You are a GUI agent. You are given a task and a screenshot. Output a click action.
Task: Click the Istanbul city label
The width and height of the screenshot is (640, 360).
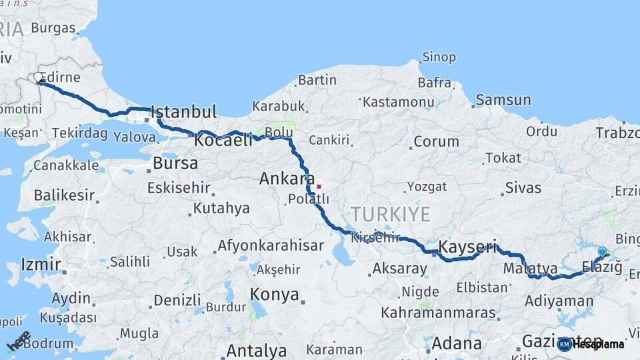(x=183, y=111)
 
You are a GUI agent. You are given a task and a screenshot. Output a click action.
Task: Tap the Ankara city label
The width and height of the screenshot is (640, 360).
(x=287, y=179)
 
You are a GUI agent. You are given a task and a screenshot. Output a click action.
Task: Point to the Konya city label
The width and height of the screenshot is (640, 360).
(x=274, y=295)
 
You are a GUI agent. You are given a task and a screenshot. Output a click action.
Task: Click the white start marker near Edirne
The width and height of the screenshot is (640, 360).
(x=39, y=78)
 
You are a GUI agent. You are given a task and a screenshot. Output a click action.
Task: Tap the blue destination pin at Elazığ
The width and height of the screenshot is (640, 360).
(x=602, y=252)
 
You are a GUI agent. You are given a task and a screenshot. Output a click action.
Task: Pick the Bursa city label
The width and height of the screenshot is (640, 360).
(x=175, y=163)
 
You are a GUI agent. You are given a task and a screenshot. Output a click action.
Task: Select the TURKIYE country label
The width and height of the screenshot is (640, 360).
(x=391, y=214)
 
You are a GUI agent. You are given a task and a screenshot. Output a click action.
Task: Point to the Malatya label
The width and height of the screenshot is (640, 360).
(x=531, y=269)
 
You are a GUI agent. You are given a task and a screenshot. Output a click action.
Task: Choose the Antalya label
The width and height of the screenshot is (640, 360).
(x=257, y=350)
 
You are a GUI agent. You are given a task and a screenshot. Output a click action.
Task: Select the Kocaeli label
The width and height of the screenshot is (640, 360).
(x=223, y=140)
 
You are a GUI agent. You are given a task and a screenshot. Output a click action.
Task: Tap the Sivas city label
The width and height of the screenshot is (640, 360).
(x=523, y=188)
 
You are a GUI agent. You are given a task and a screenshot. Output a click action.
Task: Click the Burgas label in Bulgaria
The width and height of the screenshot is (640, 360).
(x=53, y=28)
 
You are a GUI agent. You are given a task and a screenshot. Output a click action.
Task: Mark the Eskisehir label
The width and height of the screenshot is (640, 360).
(x=179, y=188)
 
